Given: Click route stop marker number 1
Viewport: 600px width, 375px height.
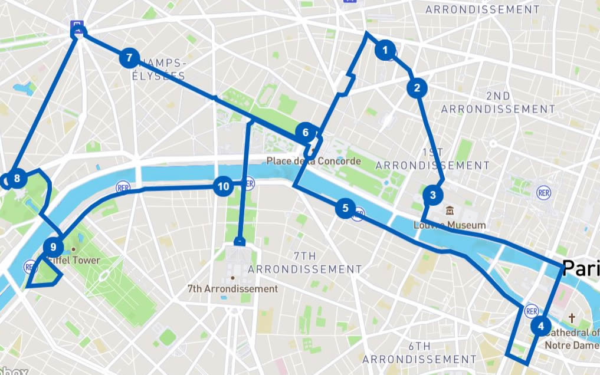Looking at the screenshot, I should coord(385,51).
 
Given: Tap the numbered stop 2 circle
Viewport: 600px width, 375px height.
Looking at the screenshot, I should coord(417,88).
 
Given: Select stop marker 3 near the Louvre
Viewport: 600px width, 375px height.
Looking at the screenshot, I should coord(432,195).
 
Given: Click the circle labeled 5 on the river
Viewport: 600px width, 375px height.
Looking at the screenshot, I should coord(345,208).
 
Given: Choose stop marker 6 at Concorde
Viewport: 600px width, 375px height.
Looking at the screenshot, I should coord(305,132).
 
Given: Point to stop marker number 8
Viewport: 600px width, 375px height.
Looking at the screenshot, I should coord(17,179).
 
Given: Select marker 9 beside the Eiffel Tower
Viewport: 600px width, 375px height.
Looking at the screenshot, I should coord(53,247).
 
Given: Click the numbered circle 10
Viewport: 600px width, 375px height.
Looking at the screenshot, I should coord(223,187).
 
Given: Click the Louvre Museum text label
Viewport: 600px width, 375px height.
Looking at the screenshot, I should coord(450,225).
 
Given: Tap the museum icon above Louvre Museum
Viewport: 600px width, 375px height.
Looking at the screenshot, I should coord(450,211).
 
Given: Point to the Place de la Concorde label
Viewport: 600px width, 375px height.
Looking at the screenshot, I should coord(313,161).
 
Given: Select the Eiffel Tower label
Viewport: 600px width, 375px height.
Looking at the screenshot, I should coord(74,261).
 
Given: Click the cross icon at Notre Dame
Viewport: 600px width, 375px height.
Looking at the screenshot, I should coord(571,318).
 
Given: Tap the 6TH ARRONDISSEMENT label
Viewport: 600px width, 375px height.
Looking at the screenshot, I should coord(419,353).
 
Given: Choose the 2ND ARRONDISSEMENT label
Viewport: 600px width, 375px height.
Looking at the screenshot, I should coord(498,102).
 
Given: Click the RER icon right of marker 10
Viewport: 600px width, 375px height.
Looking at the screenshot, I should coord(248,183).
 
